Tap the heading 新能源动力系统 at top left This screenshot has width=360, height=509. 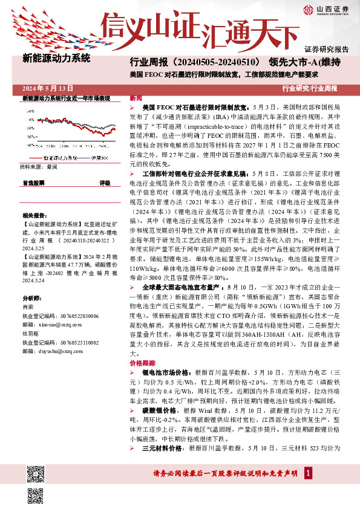coord(56,59)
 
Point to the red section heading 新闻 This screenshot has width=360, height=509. coord(136,98)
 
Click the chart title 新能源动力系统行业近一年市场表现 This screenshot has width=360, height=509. coord(66,97)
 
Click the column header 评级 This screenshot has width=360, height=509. coord(105,182)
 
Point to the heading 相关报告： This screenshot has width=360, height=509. coord(34,215)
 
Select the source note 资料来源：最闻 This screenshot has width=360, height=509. coord(38,166)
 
